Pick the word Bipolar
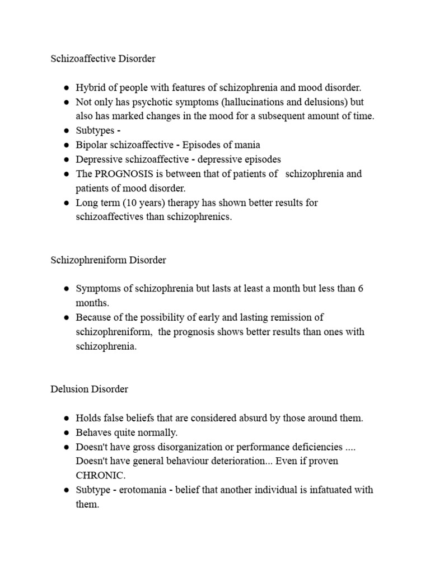point(92,145)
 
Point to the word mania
point(249,145)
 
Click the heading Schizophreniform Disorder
point(108,260)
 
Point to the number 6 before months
point(361,289)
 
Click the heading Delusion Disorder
point(89,389)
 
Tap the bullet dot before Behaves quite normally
point(66,433)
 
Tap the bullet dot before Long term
point(66,203)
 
